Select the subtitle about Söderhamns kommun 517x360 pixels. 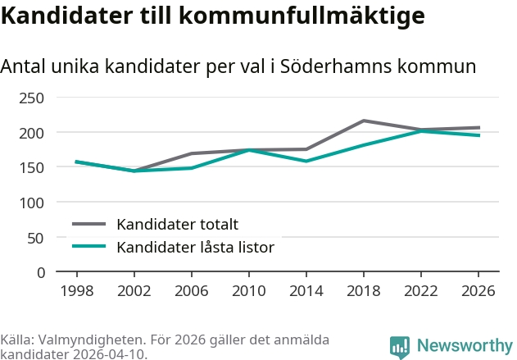coord(238,66)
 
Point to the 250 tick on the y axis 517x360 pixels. coord(33,98)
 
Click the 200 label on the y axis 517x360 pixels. coord(33,133)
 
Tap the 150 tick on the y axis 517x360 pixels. coord(33,167)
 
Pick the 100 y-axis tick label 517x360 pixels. coord(33,203)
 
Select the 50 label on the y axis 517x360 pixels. coord(37,238)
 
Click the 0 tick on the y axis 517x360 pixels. coord(41,272)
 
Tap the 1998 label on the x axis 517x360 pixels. coord(77,291)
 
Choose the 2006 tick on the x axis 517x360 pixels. coord(192,291)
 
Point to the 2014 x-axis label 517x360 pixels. coord(306,291)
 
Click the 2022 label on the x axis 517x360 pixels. coord(421,291)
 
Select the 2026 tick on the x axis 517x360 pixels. coord(478,291)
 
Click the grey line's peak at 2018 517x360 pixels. coord(364,121)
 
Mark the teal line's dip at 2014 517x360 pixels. coord(306,161)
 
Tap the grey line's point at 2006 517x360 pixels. coord(192,153)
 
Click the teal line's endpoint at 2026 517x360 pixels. coord(478,135)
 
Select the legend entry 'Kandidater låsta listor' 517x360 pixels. coord(195,246)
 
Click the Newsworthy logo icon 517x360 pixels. coord(400,347)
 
